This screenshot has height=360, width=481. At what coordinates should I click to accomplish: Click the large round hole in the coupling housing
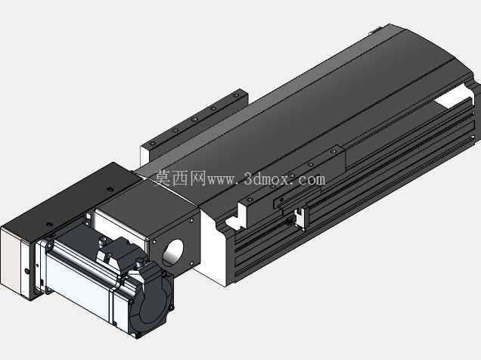(x=172, y=253)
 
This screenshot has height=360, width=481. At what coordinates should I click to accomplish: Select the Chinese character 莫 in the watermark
(x=163, y=178)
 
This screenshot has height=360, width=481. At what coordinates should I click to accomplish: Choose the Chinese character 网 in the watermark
(x=197, y=178)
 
